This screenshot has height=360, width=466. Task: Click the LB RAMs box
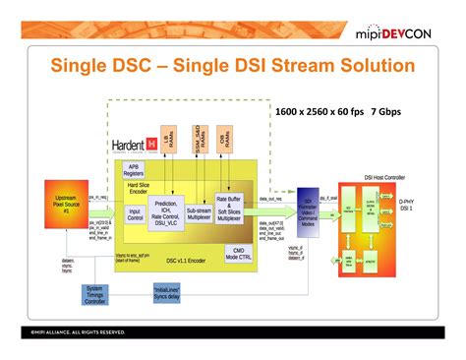(177, 144)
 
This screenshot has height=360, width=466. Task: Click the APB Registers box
(146, 170)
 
